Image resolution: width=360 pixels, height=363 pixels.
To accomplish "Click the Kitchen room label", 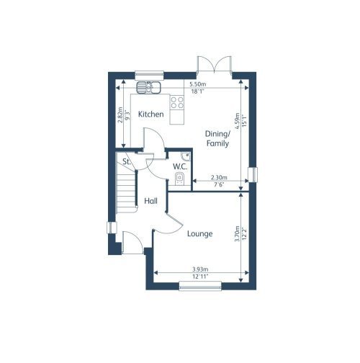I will (151, 115).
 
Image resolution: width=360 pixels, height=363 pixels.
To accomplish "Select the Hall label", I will (150, 201).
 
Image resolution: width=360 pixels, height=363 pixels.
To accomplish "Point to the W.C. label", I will (180, 167).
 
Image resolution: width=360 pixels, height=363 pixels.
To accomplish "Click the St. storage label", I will (126, 161).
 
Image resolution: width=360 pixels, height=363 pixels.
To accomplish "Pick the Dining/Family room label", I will (217, 139).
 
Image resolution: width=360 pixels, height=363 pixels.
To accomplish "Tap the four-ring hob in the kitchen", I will (176, 102).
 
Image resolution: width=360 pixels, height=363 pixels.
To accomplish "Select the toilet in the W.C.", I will (181, 180).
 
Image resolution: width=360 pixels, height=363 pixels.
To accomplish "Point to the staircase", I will (127, 192).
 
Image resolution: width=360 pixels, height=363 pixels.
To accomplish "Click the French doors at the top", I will (215, 66).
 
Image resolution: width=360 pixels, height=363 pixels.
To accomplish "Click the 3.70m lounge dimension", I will (237, 234).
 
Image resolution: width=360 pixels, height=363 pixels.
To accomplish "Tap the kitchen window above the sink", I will (150, 73).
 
